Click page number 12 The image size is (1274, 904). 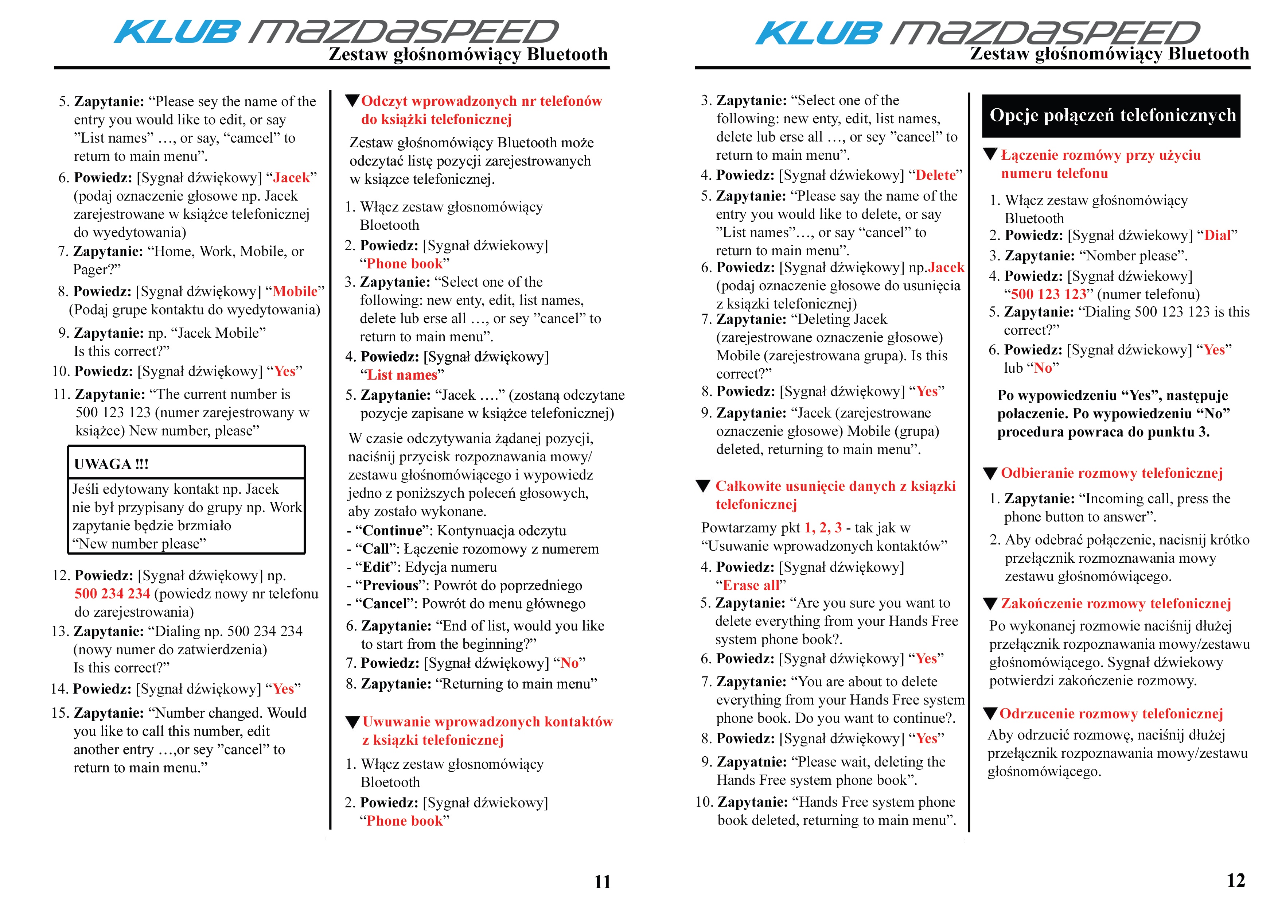point(1236,880)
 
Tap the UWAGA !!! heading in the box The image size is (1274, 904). point(111,464)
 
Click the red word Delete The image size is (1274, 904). point(935,175)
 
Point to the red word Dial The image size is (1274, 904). point(1217,236)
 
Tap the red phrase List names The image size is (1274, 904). point(402,375)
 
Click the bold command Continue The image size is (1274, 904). point(392,531)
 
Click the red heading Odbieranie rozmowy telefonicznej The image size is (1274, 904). point(1111,473)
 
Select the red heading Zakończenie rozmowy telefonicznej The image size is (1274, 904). point(1115,604)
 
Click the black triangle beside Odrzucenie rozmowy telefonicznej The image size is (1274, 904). point(990,714)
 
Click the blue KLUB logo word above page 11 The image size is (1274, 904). point(177,32)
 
